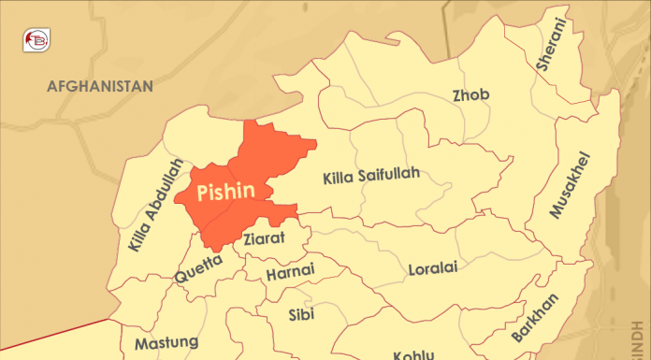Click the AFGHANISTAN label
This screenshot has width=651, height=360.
(x=100, y=86)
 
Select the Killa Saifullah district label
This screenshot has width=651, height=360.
(x=370, y=175)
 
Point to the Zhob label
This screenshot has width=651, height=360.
(x=470, y=95)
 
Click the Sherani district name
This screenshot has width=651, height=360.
(x=551, y=45)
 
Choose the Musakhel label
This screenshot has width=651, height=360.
(x=571, y=184)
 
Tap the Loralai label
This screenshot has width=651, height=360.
(x=432, y=269)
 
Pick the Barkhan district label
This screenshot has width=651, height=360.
(x=535, y=318)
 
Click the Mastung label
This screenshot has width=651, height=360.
(x=166, y=343)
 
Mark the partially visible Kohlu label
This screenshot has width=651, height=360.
(x=412, y=354)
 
